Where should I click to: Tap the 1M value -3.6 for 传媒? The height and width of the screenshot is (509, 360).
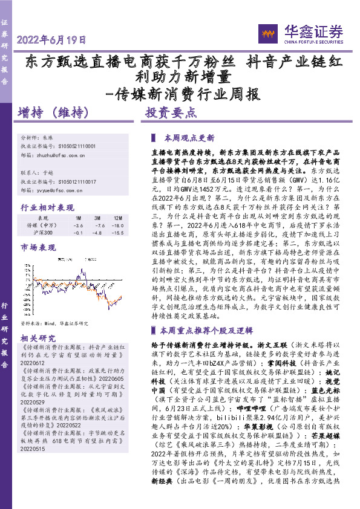tap(78, 225)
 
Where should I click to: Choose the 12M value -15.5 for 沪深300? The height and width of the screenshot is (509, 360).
tap(115, 233)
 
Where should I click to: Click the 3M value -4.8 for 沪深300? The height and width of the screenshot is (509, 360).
tap(96, 233)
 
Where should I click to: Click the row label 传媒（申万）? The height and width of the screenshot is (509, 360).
tap(43, 225)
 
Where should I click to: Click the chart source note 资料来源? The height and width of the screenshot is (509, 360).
tap(54, 323)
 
